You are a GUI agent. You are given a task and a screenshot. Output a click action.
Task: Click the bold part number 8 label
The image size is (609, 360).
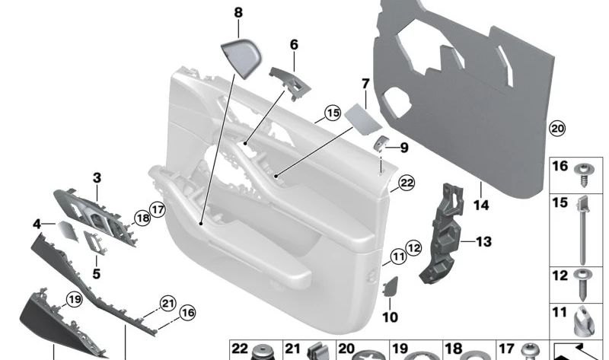tap(238, 12)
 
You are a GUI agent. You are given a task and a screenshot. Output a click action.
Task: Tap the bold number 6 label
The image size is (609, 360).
tap(294, 45)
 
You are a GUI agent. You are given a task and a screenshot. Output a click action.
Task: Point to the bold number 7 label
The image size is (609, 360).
tap(365, 82)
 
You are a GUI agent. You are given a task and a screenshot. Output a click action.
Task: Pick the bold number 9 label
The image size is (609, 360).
tap(403, 147)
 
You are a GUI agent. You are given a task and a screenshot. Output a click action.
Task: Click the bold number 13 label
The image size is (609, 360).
tap(484, 242)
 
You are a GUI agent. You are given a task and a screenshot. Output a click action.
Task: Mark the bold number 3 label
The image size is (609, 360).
tap(97, 177)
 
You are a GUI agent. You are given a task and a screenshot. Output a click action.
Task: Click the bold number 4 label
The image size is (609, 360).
tap(37, 224)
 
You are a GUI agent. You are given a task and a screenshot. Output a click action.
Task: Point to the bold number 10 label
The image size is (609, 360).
tap(390, 316)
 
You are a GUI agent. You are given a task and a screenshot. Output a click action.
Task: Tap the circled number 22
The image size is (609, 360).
tap(407, 183)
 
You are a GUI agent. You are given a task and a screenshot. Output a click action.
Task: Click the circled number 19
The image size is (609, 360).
tap(73, 299)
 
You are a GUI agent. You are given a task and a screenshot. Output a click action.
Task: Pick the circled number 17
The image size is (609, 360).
tap(157, 209)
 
